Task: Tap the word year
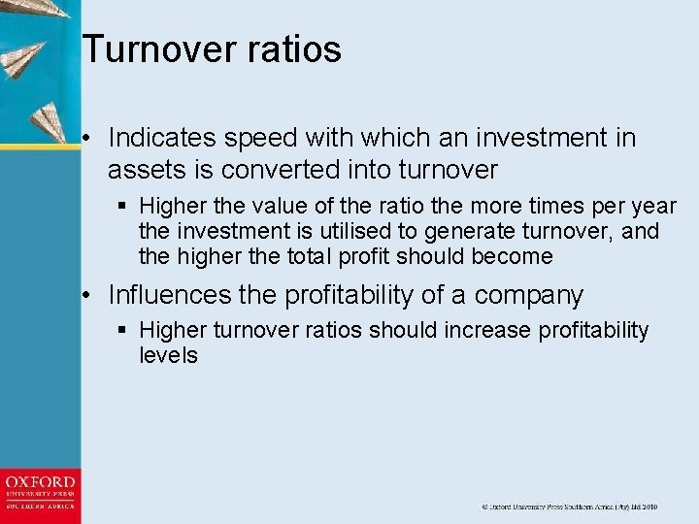(x=654, y=206)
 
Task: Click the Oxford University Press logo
(x=40, y=494)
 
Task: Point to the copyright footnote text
(x=569, y=507)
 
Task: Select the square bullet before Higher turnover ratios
(x=121, y=330)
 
